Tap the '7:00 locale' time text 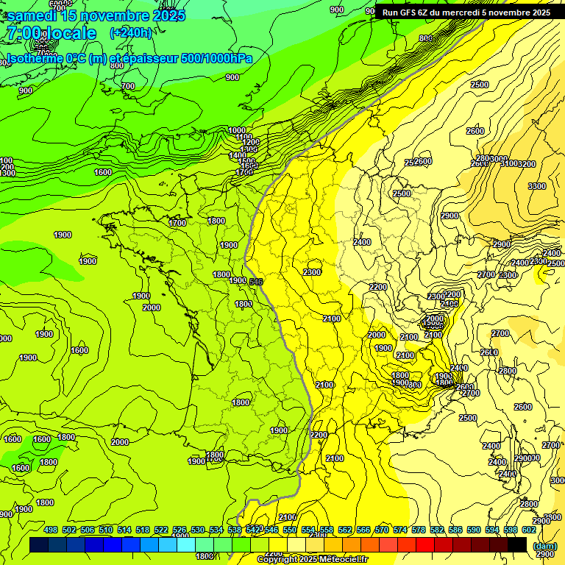click(x=51, y=33)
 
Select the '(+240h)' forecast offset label click(x=131, y=33)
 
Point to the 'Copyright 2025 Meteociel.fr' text click(x=312, y=560)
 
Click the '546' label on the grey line click(x=256, y=282)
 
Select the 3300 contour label click(x=537, y=186)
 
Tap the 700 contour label click(x=128, y=86)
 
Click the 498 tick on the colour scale click(x=51, y=530)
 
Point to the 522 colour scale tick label click(x=161, y=530)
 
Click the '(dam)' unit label click(x=544, y=546)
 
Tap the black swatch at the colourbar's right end click(x=517, y=544)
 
